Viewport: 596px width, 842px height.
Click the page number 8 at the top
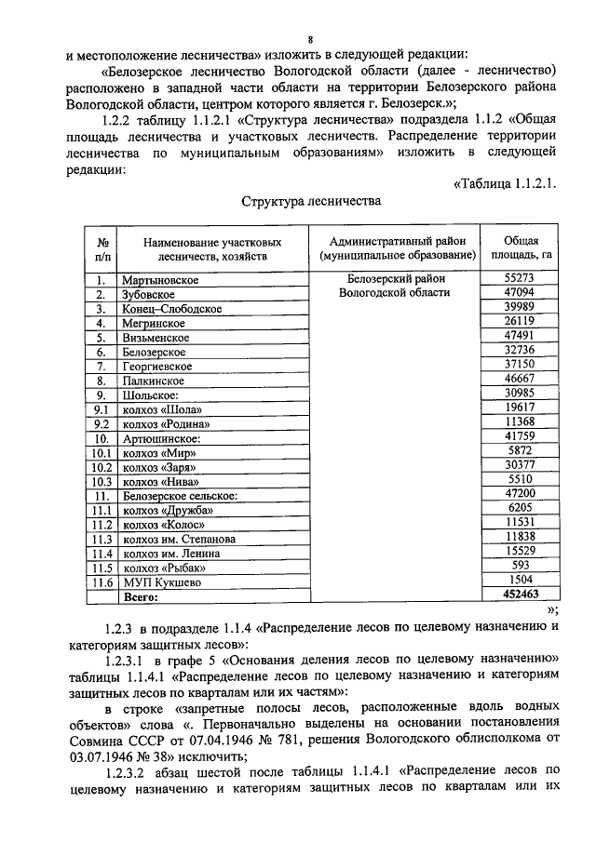pos(310,38)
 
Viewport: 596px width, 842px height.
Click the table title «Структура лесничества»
pos(310,200)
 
